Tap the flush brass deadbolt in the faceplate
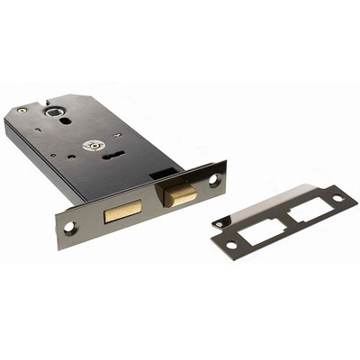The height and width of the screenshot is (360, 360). [x=122, y=211]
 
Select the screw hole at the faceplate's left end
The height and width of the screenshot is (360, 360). [x=70, y=228]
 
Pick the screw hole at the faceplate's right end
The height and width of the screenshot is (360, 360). [x=213, y=180]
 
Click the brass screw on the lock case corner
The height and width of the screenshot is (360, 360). [x=22, y=111]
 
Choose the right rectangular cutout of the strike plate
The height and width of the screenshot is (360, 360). [x=309, y=210]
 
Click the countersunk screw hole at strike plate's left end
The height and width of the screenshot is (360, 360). [x=232, y=245]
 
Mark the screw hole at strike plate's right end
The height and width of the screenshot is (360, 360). [x=337, y=198]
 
